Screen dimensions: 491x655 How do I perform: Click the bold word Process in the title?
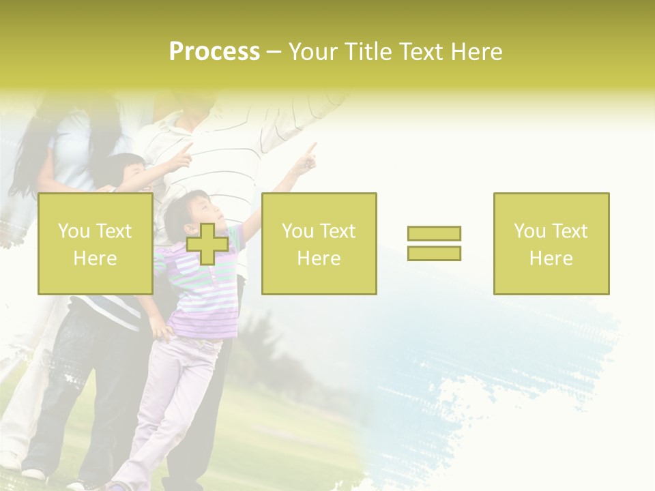214,52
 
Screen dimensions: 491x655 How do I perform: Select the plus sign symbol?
207,244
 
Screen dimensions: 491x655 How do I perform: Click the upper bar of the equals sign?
434,233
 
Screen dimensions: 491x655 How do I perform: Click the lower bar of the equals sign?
434,253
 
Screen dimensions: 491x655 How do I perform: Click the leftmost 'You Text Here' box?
96,244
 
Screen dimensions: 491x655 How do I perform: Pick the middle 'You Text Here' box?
319,244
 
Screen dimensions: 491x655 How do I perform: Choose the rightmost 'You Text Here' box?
551,244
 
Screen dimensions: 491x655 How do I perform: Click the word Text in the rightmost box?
569,231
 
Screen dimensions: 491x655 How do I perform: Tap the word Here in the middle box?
319,258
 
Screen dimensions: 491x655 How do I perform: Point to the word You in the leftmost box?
74,231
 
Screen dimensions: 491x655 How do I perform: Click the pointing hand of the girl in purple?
308,158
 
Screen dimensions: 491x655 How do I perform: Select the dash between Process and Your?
274,53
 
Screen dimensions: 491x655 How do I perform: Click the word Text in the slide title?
421,52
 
